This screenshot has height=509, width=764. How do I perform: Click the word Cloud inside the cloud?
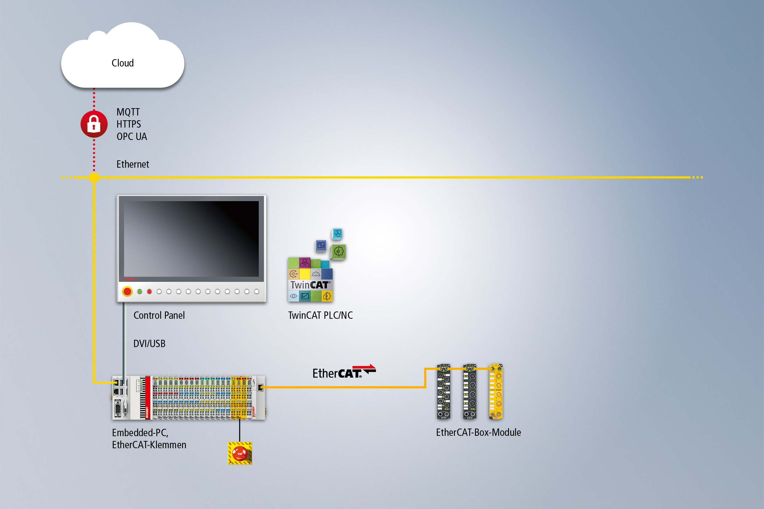[123, 63]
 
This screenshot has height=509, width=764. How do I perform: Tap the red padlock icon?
[94, 124]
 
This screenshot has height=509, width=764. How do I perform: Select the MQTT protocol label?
[128, 112]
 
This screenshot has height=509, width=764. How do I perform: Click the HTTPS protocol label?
[129, 124]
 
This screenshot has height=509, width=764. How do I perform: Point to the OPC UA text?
[131, 137]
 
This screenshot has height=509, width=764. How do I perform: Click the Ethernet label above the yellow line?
[132, 164]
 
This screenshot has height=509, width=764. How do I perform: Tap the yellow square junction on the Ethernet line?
[94, 177]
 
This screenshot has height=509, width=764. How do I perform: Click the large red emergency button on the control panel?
[127, 291]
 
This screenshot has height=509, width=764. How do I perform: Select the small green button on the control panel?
[140, 291]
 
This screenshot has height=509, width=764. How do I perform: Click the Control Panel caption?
[159, 315]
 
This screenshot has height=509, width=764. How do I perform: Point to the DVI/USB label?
[149, 344]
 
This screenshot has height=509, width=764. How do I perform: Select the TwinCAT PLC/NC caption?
[320, 315]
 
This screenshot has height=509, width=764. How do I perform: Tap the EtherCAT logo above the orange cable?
[344, 372]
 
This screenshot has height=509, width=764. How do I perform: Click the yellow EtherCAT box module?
[496, 392]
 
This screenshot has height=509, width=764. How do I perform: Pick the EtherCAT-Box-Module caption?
[478, 432]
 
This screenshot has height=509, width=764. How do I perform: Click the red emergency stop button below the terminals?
[240, 453]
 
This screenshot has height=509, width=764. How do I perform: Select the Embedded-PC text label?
[140, 433]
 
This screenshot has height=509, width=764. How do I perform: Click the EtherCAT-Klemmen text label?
[149, 445]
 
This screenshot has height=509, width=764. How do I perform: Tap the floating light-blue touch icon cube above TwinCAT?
[337, 234]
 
